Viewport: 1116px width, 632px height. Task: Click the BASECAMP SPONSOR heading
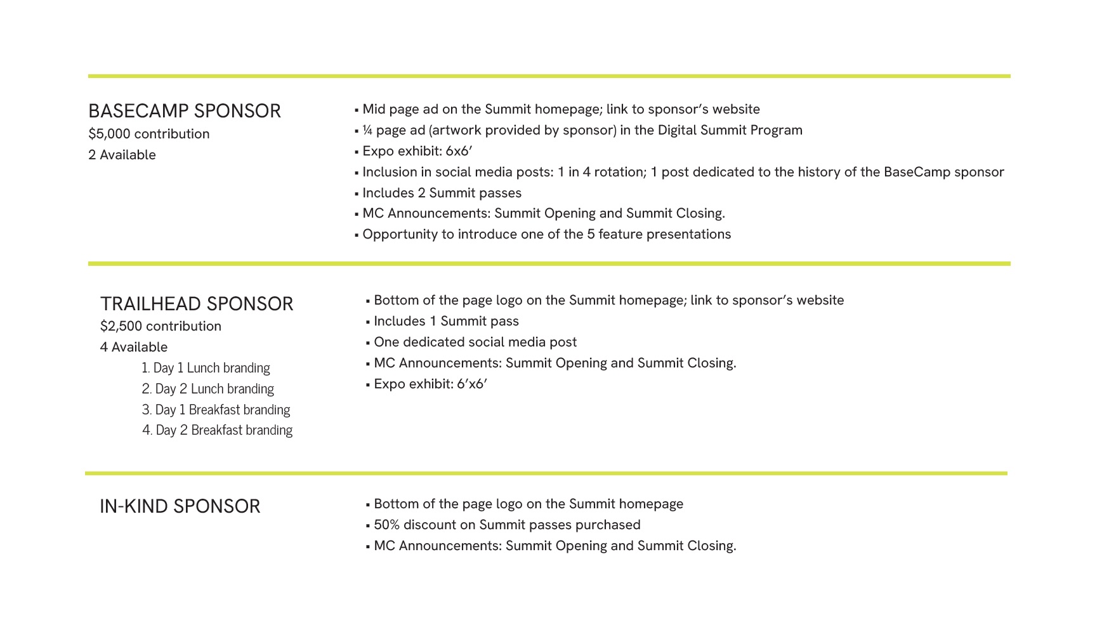tap(184, 111)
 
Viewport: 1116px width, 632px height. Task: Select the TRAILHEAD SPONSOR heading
tap(197, 304)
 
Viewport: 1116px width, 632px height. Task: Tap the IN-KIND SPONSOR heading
tap(180, 506)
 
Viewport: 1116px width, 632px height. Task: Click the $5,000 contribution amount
tap(148, 134)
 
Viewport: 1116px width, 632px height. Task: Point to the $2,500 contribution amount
tap(161, 326)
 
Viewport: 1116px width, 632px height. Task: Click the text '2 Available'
tap(122, 155)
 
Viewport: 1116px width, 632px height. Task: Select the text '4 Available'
tap(133, 347)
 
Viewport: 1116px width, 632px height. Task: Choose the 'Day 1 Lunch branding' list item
tap(206, 368)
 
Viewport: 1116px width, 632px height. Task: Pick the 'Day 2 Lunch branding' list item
tap(207, 388)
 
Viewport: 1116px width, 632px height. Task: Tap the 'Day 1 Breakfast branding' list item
tap(216, 409)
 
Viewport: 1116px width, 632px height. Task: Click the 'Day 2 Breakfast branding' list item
tap(217, 430)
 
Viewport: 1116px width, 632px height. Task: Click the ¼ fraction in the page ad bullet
tap(367, 130)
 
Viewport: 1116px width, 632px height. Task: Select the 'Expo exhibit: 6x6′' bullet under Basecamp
tap(417, 151)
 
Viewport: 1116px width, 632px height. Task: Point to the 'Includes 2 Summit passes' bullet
tap(442, 193)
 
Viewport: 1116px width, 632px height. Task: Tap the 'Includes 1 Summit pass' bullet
tap(446, 321)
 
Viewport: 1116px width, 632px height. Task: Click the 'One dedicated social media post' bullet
tap(475, 342)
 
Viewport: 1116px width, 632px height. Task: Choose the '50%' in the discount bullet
tap(386, 525)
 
